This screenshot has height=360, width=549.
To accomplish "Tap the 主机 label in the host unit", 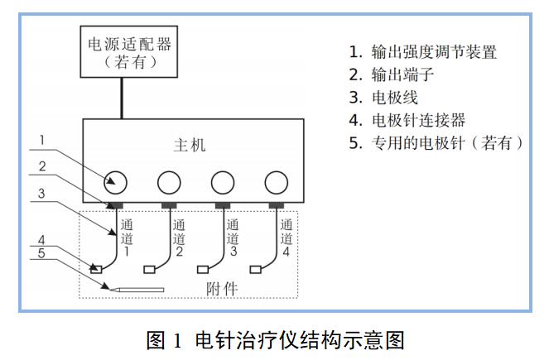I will (189, 146).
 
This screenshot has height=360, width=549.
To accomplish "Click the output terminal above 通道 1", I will (116, 204).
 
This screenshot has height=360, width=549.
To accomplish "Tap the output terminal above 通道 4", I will (276, 204).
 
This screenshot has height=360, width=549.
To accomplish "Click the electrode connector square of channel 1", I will (97, 269).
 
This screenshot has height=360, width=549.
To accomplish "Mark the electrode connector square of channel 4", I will (257, 269).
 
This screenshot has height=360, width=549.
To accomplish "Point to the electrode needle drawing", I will (137, 290).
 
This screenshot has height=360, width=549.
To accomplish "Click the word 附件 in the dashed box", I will (222, 289).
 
